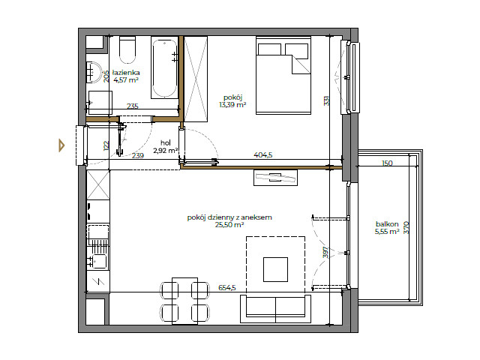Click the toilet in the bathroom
pyautogui.click(x=126, y=51)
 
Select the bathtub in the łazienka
pyautogui.click(x=164, y=68)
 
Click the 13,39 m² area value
pyautogui.click(x=232, y=105)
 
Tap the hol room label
pyautogui.click(x=166, y=142)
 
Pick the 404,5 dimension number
pyautogui.click(x=263, y=155)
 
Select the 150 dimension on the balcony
pyautogui.click(x=387, y=163)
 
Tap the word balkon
pyautogui.click(x=387, y=223)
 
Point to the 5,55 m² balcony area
pyautogui.click(x=387, y=232)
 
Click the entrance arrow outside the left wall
pyautogui.click(x=62, y=145)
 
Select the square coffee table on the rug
pyautogui.click(x=275, y=268)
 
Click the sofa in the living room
pyautogui.click(x=274, y=307)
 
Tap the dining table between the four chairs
pyautogui.click(x=184, y=300)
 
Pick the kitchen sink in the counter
pyautogui.click(x=98, y=260)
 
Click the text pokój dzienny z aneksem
pyautogui.click(x=229, y=217)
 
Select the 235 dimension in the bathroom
pyautogui.click(x=133, y=106)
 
